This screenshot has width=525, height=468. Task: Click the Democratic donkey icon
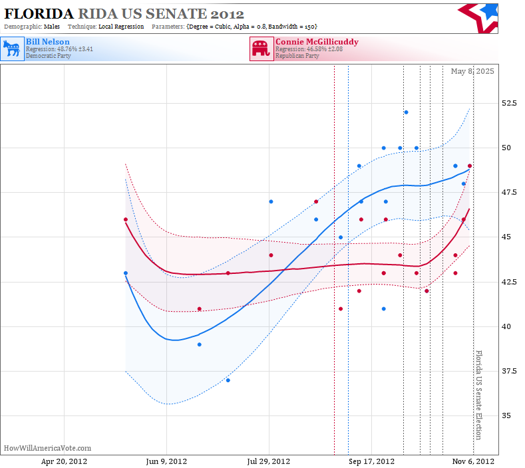[x=13, y=49]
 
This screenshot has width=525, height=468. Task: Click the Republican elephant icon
[x=261, y=49]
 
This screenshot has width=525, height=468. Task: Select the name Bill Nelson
[x=48, y=42]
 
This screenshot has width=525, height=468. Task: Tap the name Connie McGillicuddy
[x=317, y=42]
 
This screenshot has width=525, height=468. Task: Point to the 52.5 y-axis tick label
[x=509, y=103]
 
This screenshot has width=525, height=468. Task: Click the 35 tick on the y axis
[x=506, y=415]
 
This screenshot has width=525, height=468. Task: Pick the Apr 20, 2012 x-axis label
[x=64, y=461]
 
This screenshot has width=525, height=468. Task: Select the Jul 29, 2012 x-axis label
[x=269, y=461]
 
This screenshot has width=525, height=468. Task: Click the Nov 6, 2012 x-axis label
[x=473, y=461]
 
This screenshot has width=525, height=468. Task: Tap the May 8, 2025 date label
[x=472, y=71]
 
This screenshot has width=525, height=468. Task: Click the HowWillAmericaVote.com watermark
[x=47, y=448]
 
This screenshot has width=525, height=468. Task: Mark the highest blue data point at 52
[x=406, y=112]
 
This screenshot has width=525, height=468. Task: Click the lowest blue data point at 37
[x=228, y=380]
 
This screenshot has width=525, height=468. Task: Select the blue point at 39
[x=200, y=344]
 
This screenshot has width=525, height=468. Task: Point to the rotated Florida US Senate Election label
[x=479, y=395]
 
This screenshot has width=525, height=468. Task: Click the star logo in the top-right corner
[x=479, y=19]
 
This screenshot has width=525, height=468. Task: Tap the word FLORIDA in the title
[x=39, y=14]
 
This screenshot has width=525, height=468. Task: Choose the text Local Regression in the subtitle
[x=121, y=27]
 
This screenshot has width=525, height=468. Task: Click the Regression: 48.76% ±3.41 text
[x=60, y=49]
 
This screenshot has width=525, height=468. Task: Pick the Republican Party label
[x=297, y=56]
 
